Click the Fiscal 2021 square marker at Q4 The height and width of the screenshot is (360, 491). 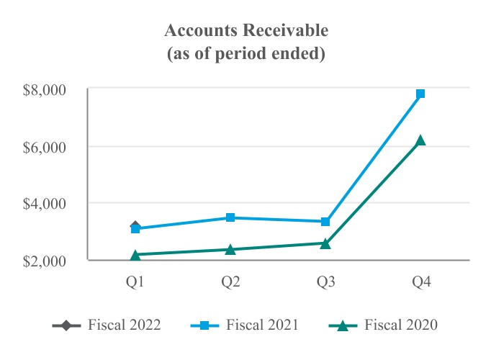420,94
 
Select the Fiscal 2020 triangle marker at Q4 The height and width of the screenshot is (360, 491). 420,140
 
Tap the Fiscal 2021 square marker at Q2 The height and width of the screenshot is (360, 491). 230,217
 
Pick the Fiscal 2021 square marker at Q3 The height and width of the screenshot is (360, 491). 325,222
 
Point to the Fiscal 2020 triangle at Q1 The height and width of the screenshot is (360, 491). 135,254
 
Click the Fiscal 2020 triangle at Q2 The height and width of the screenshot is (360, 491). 230,249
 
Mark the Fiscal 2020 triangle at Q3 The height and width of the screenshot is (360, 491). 325,243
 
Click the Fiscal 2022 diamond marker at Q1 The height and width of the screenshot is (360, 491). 135,227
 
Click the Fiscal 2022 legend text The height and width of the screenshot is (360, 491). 125,325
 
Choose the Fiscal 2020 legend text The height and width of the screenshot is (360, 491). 401,325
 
